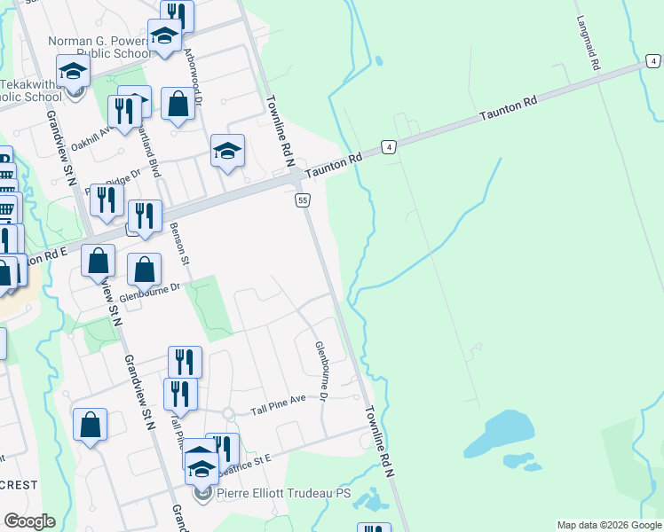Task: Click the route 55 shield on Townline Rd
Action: click(x=303, y=201)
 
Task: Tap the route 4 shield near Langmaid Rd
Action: click(x=653, y=61)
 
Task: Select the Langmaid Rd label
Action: click(x=589, y=43)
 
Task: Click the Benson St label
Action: click(x=179, y=243)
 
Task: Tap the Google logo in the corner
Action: click(x=29, y=521)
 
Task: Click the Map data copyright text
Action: click(x=609, y=525)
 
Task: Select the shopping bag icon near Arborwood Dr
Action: click(x=178, y=106)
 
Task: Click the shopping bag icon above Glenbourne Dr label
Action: click(x=144, y=269)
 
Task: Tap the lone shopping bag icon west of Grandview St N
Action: click(x=91, y=425)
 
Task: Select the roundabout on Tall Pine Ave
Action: click(x=227, y=413)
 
